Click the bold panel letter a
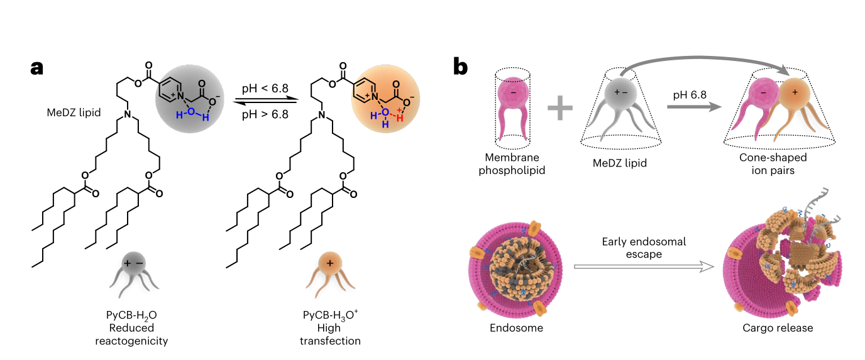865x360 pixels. [x=38, y=67]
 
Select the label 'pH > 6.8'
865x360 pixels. [x=265, y=115]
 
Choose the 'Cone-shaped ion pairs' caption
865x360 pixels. [x=773, y=163]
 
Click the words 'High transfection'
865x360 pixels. [x=329, y=334]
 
